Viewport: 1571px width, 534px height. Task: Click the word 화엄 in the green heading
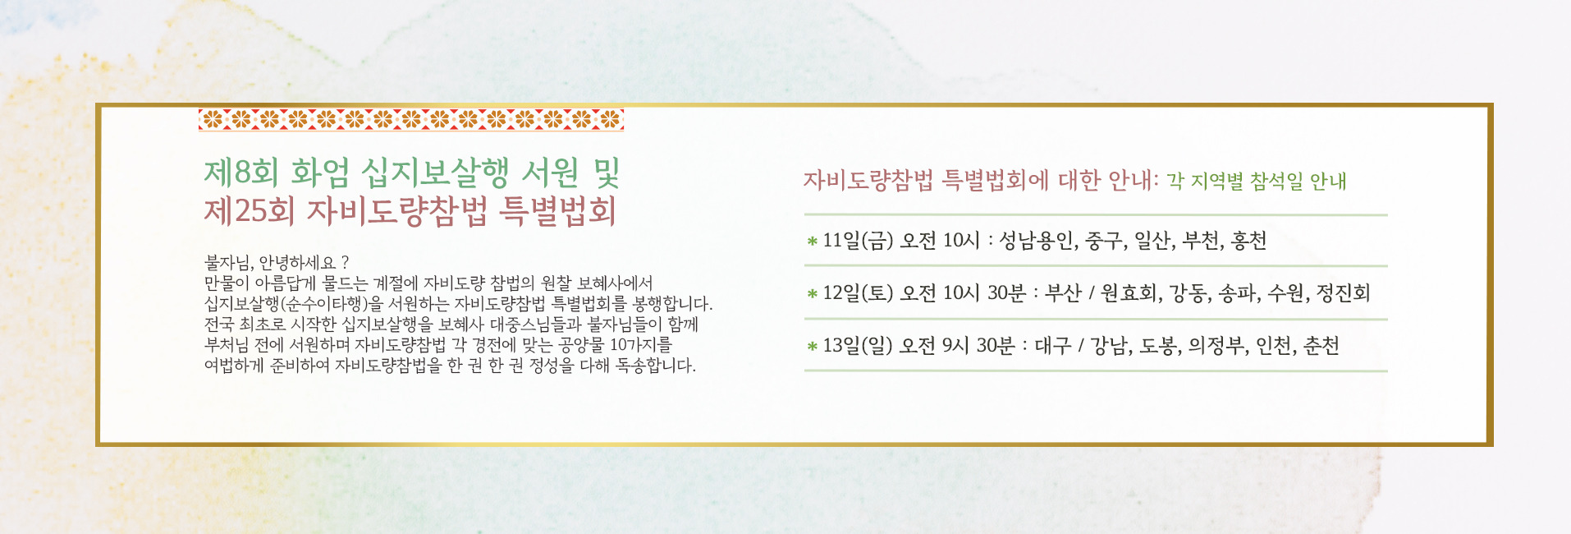pyautogui.click(x=319, y=173)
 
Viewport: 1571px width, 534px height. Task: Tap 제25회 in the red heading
pyautogui.click(x=250, y=211)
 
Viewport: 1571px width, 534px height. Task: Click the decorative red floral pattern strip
pyautogui.click(x=411, y=120)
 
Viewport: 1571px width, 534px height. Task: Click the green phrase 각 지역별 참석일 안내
pyautogui.click(x=1257, y=181)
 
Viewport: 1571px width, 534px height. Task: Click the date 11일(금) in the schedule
pyautogui.click(x=858, y=241)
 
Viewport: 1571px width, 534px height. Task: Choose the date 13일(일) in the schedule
pyautogui.click(x=858, y=346)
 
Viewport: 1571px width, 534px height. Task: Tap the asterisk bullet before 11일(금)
pyautogui.click(x=812, y=242)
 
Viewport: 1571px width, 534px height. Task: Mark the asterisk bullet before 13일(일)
pyautogui.click(x=812, y=347)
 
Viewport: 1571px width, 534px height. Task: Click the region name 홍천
pyautogui.click(x=1248, y=241)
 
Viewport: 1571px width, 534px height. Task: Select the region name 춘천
pyautogui.click(x=1321, y=346)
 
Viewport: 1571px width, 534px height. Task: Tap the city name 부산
pyautogui.click(x=1063, y=293)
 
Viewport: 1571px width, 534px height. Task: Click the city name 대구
pyautogui.click(x=1052, y=346)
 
